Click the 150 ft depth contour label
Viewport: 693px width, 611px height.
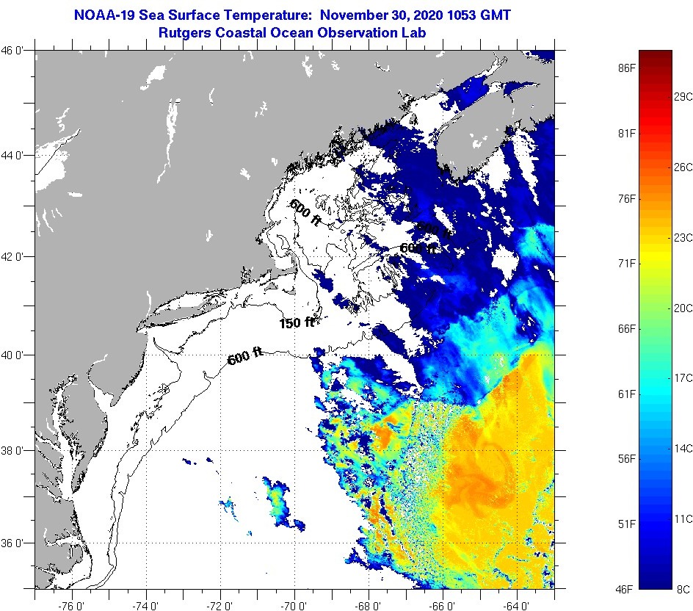pos(296,322)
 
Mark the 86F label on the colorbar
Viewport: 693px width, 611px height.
pos(626,68)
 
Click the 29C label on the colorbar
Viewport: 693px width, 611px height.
pos(683,97)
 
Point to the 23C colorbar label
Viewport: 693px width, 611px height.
pos(683,237)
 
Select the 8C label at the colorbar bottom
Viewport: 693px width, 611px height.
pos(683,589)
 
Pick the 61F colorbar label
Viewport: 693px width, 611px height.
pos(626,394)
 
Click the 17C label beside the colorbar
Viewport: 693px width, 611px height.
pos(683,377)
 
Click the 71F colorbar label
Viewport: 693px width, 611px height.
pos(626,263)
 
